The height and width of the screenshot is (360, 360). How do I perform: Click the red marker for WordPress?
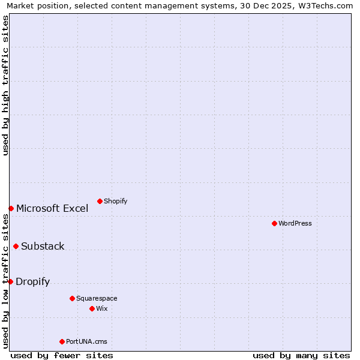[274, 223]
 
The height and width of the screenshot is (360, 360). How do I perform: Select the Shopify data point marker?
[100, 201]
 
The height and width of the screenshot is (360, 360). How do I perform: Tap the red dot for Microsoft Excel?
[11, 208]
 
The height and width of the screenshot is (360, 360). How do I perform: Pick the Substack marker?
[16, 246]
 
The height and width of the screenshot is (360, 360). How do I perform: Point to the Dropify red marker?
[10, 281]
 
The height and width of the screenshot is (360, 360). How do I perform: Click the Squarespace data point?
[72, 298]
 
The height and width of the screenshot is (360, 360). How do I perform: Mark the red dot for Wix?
[92, 308]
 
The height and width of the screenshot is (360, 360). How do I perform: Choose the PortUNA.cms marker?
[62, 341]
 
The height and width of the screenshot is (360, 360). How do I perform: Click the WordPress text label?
[295, 223]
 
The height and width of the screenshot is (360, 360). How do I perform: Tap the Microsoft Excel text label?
[52, 208]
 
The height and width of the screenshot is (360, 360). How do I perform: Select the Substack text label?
[43, 246]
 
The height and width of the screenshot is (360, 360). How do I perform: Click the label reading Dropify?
[33, 281]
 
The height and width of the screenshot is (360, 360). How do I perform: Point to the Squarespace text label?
[97, 298]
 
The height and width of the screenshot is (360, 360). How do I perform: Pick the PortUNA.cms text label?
[86, 341]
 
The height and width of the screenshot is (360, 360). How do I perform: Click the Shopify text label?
[115, 201]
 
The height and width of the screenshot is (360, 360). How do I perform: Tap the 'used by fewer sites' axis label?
[62, 355]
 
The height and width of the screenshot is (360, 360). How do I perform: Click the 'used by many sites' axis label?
[301, 355]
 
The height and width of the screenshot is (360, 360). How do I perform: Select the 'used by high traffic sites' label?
[5, 85]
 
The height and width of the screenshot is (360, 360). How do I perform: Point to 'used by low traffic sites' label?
[5, 281]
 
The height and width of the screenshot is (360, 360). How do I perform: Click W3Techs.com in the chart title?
[325, 5]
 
